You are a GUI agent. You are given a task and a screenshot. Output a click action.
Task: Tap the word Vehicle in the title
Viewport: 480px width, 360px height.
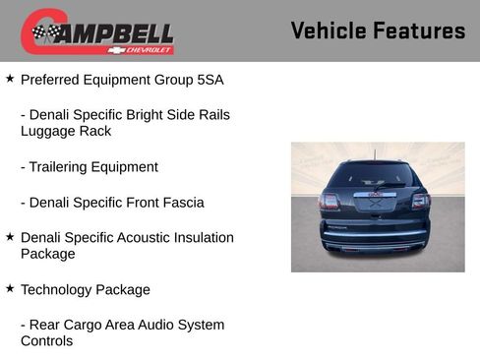pos(328,31)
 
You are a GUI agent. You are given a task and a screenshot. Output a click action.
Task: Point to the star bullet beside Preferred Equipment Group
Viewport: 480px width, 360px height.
pos(10,78)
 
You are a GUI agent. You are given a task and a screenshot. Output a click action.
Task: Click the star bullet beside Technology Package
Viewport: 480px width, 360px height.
pos(10,288)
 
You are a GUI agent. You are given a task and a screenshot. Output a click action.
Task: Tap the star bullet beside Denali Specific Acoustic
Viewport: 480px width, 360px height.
pos(10,236)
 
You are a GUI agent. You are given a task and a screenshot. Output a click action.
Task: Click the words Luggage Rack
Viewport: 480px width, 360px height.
pos(66,131)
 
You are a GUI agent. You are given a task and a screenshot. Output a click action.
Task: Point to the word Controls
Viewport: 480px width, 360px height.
pos(46,341)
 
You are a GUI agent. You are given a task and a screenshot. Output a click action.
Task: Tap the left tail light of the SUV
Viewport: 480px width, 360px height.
pos(330,201)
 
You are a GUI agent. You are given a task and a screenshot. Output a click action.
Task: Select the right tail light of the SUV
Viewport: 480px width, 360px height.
pos(421,201)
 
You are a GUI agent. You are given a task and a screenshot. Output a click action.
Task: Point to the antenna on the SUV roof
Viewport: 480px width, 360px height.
pos(374,153)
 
